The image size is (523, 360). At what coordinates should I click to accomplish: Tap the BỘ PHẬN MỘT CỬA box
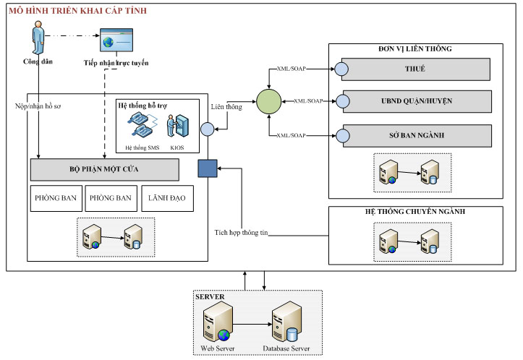(104, 169)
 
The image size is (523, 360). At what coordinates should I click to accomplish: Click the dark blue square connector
(208, 168)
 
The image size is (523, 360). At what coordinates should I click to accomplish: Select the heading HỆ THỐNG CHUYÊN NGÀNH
(414, 212)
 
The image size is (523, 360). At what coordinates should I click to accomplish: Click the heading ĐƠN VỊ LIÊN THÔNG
(414, 48)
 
